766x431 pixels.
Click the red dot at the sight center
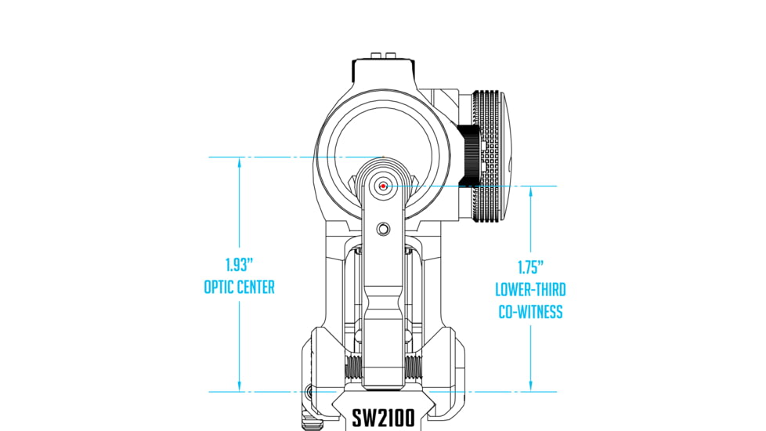(x=382, y=186)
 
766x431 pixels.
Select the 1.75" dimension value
(x=530, y=266)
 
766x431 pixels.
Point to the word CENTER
(x=256, y=288)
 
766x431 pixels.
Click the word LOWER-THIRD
(x=530, y=290)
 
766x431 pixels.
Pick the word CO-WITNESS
(x=530, y=312)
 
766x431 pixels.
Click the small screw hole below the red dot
(x=382, y=228)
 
